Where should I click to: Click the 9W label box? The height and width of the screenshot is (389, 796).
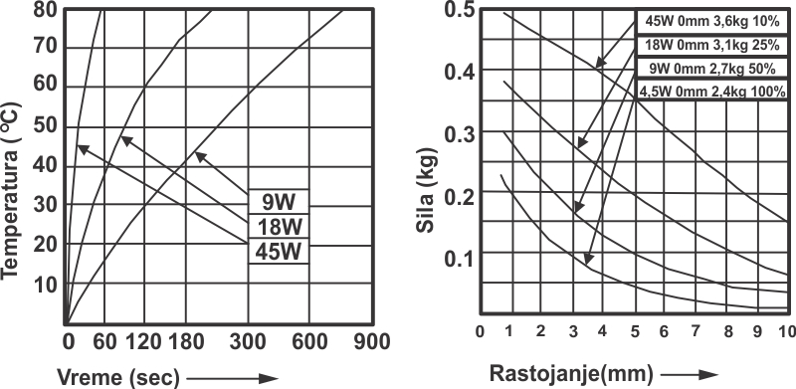(x=279, y=202)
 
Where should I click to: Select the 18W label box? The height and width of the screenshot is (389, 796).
(x=279, y=227)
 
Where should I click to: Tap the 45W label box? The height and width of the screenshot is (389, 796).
(x=279, y=251)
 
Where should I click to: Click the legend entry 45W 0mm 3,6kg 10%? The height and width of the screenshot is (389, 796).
(x=711, y=21)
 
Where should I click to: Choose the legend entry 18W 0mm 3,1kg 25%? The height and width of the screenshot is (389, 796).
(x=711, y=45)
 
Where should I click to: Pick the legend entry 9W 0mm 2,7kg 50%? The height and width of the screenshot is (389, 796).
(x=711, y=68)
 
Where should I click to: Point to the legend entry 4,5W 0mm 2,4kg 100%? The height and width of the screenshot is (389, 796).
(x=711, y=91)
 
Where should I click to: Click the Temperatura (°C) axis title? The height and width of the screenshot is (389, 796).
(x=11, y=191)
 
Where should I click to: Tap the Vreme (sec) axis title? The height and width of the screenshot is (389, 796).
(x=117, y=378)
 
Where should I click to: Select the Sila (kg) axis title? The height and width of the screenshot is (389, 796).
(x=426, y=190)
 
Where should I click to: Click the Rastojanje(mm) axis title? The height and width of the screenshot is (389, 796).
(x=570, y=374)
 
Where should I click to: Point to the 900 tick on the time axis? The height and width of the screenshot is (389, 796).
(x=372, y=342)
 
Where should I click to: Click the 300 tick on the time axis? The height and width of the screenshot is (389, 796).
(x=247, y=342)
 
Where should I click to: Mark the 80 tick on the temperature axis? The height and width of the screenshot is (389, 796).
(x=48, y=9)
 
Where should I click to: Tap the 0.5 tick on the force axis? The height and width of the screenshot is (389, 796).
(x=460, y=10)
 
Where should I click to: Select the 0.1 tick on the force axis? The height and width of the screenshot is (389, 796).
(x=460, y=259)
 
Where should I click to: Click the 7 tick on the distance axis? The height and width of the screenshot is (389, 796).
(x=695, y=331)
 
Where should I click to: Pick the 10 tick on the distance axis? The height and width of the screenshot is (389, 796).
(x=786, y=331)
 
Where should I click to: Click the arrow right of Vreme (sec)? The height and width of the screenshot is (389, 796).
(x=233, y=378)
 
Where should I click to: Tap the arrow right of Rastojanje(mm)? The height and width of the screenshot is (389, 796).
(x=689, y=375)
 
